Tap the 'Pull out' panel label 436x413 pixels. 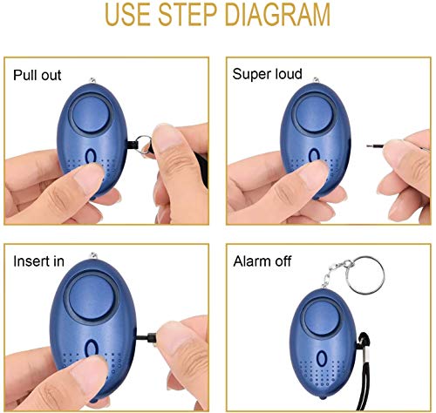point(37,75)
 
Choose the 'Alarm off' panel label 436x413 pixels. point(263,261)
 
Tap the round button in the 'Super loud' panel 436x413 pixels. point(310,112)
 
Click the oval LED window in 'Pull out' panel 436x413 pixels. point(91,158)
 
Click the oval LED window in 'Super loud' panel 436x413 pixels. point(310,157)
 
